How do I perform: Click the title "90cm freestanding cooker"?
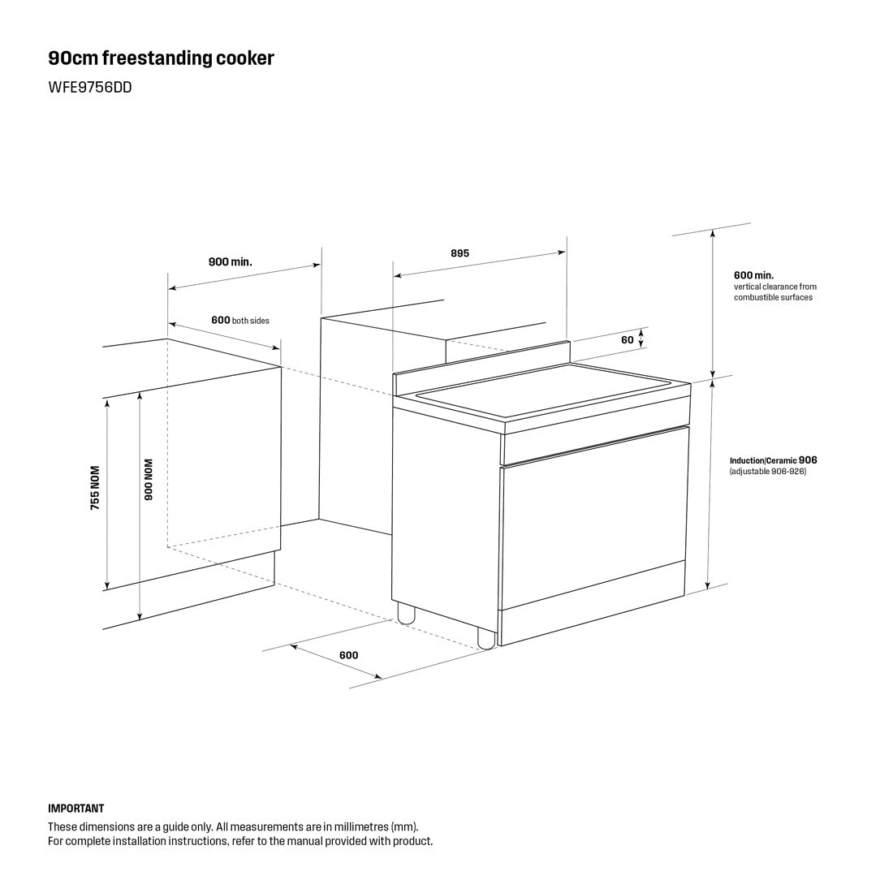click(161, 58)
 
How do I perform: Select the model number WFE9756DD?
click(89, 88)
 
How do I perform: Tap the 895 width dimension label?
click(459, 253)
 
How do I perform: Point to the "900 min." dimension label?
click(230, 261)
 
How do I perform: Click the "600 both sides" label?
click(239, 320)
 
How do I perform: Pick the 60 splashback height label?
click(627, 340)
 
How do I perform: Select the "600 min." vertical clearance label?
click(753, 275)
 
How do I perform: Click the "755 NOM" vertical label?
click(95, 487)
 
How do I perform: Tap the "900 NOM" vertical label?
click(149, 481)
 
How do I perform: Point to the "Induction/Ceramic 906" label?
click(773, 460)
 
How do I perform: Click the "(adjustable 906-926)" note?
click(767, 472)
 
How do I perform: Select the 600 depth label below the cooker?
click(348, 655)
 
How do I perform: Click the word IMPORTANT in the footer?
click(76, 809)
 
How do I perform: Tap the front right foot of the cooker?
click(485, 639)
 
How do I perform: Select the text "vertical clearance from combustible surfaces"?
click(774, 292)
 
